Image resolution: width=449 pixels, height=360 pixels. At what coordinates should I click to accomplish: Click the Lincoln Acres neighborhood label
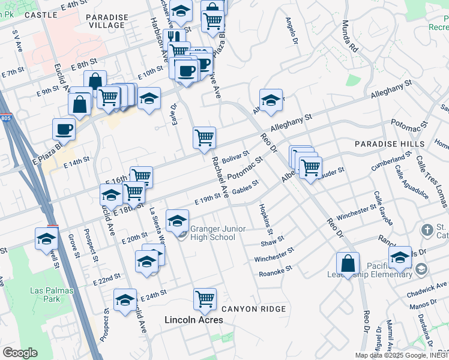tap(194, 320)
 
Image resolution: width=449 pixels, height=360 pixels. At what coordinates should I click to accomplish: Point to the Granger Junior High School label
tap(212, 233)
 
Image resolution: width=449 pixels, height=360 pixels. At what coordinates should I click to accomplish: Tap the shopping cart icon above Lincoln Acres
tap(205, 299)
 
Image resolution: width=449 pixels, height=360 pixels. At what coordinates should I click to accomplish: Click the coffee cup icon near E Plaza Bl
tap(64, 128)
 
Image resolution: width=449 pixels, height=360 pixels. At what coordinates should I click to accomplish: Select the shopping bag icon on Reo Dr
tap(348, 263)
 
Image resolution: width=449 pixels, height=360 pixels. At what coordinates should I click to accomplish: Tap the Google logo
tap(20, 353)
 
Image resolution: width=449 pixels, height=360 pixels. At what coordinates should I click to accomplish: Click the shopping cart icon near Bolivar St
tap(204, 137)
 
